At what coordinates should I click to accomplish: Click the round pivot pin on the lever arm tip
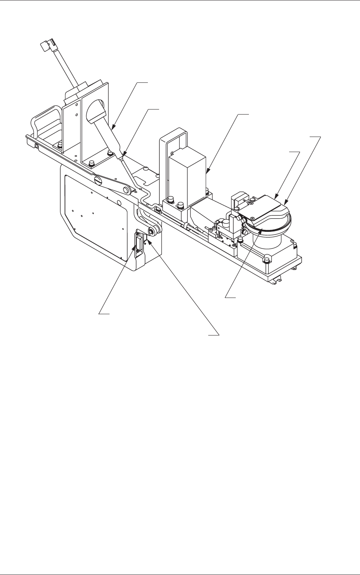(126, 189)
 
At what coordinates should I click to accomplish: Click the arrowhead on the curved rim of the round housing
(286, 203)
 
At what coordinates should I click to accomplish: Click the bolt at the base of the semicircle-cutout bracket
(92, 163)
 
